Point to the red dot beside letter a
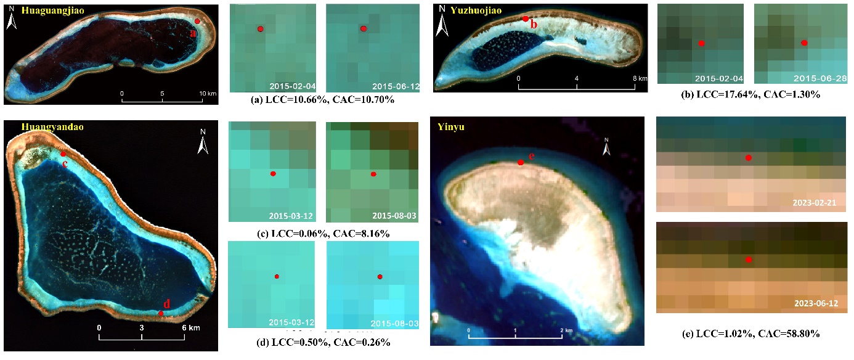[x=197, y=21]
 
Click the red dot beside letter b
[x=525, y=19]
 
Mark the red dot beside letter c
[x=63, y=154]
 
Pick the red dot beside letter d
[x=161, y=313]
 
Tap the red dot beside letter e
[x=521, y=162]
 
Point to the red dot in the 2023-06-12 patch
[x=748, y=260]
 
